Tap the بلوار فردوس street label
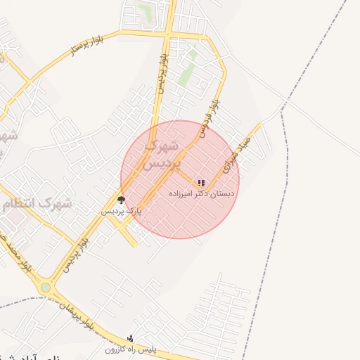(x=210, y=117)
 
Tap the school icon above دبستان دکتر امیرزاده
(x=201, y=183)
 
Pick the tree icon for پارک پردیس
(x=121, y=200)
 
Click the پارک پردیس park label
(x=122, y=210)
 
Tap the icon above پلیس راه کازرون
(x=130, y=338)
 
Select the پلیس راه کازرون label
(x=131, y=349)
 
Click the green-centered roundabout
(x=46, y=288)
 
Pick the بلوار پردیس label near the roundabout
(x=77, y=254)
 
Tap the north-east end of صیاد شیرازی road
(x=260, y=124)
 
